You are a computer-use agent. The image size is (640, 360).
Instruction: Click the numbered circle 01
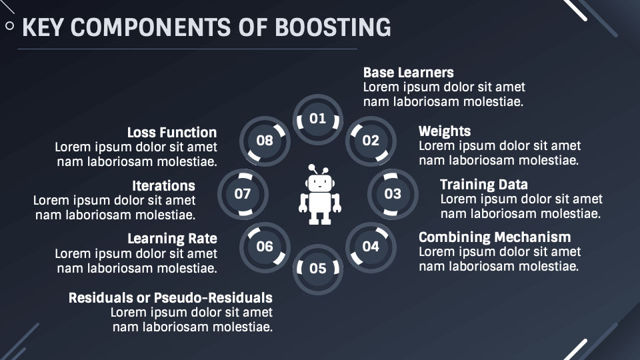click(318, 119)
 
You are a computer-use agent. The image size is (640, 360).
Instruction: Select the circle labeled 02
click(371, 140)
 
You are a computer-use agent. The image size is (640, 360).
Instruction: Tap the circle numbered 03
click(393, 193)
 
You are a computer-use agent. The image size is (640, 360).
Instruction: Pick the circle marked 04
click(371, 247)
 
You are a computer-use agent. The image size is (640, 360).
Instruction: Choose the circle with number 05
click(318, 268)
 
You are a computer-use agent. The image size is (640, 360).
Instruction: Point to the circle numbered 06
click(265, 247)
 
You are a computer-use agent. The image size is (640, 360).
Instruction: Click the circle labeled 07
click(243, 194)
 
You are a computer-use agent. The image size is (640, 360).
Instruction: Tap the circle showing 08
click(265, 140)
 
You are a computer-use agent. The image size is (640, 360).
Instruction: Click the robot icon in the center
click(319, 194)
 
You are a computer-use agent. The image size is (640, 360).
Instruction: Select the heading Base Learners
click(408, 73)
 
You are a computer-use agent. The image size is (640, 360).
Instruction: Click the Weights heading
click(444, 131)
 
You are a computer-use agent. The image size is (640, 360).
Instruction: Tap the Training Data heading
click(483, 185)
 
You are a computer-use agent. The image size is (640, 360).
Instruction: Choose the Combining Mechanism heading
click(494, 237)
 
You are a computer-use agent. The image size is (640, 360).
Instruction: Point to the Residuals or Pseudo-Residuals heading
click(170, 297)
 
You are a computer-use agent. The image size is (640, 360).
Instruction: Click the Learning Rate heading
click(172, 239)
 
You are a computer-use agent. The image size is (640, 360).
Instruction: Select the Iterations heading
click(163, 186)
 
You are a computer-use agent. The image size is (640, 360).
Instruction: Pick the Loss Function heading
click(172, 133)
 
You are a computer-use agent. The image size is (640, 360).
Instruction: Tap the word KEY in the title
click(44, 27)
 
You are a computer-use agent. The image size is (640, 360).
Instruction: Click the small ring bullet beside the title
click(9, 26)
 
